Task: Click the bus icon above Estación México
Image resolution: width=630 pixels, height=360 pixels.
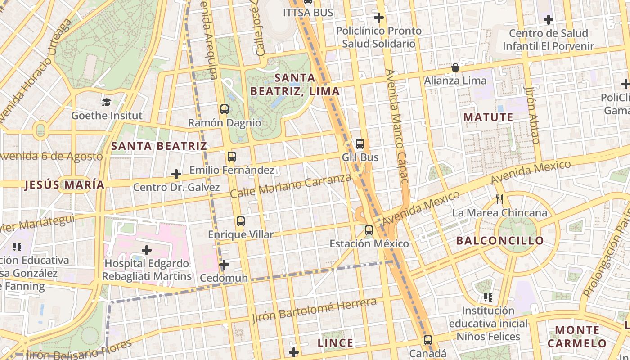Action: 369,230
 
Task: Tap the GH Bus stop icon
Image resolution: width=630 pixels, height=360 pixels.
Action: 360,144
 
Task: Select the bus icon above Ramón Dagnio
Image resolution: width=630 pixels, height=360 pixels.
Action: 224,109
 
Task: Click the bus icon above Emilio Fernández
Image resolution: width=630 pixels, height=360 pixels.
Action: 231,157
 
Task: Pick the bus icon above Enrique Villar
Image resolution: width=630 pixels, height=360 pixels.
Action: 240,221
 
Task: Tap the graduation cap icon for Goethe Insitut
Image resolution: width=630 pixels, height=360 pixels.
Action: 106,102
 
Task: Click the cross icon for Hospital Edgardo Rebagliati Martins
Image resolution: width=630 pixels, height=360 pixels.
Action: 147,250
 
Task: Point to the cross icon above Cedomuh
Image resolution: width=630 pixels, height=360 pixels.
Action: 224,265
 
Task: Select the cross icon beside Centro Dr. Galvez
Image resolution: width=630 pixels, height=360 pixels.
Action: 176,174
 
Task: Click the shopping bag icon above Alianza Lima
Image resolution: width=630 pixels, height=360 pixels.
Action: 455,68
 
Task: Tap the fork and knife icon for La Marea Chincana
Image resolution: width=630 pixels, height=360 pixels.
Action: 499,199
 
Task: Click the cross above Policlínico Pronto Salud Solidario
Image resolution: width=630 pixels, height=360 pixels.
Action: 379,18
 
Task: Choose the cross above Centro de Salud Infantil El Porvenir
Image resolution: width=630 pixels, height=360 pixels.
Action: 548,20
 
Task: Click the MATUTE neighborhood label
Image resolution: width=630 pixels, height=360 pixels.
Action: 488,117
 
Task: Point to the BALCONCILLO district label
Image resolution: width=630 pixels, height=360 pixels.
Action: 500,241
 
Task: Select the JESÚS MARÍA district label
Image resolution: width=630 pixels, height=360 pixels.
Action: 64,185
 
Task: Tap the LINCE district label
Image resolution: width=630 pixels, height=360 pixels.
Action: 335,343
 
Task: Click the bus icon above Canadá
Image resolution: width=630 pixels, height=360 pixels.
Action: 427,340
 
